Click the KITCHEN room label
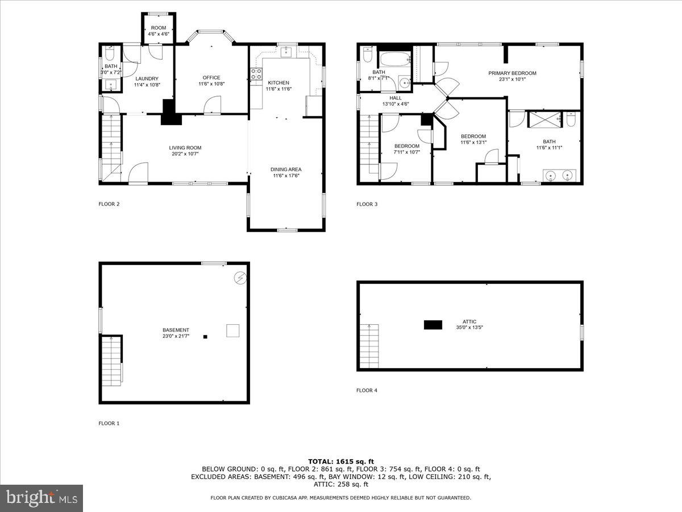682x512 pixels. pos(278,82)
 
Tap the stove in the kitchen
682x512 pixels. pos(256,74)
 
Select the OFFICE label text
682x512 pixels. pos(211,78)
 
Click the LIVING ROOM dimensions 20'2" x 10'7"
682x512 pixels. pos(185,154)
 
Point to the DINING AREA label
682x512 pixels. pos(286,169)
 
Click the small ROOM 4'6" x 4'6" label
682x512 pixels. pos(159,28)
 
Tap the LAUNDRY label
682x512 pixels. pos(147,79)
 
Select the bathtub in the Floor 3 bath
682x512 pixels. pos(394,59)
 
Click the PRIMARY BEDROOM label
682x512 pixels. pos(513,73)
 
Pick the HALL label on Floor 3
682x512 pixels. pos(396,98)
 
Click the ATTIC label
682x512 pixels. pos(469,321)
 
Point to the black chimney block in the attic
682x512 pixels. pos(433,325)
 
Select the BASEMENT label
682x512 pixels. pos(176,330)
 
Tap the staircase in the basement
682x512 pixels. pos(111,360)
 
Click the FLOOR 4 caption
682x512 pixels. pos(367,390)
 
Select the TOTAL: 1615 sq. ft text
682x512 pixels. pos(341,461)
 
